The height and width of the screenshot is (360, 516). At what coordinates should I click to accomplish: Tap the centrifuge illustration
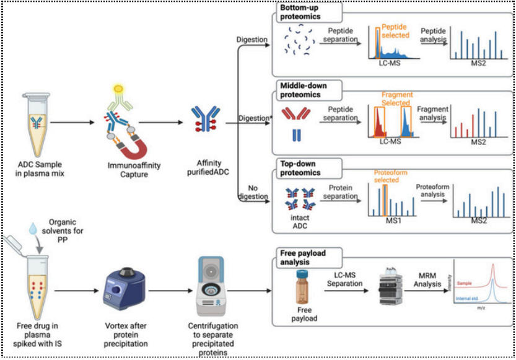click(212, 286)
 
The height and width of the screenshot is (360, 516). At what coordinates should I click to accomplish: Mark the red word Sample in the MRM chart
click(466, 282)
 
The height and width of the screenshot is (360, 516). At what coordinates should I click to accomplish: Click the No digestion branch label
click(253, 191)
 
